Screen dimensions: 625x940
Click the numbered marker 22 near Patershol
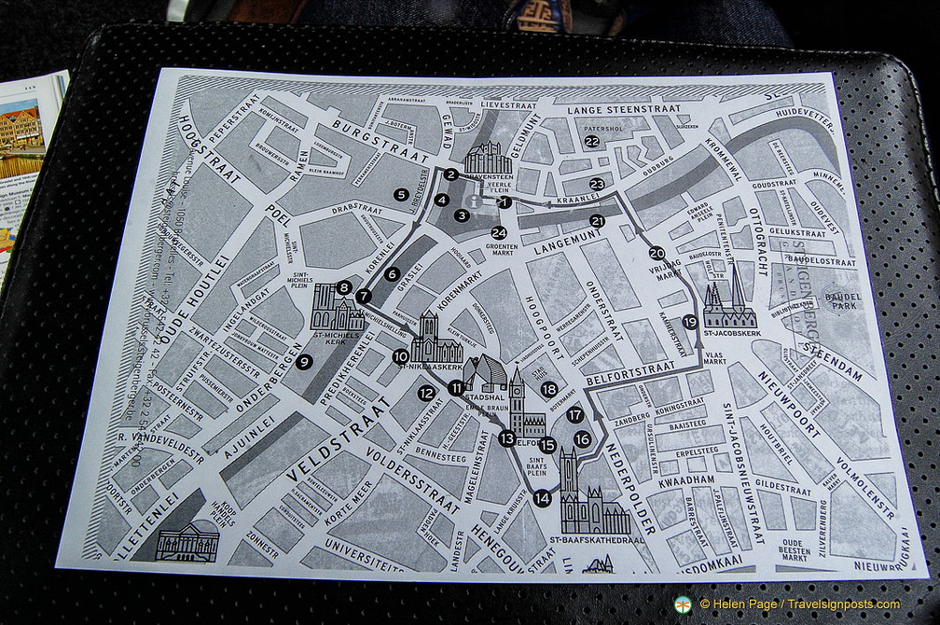[x=591, y=142]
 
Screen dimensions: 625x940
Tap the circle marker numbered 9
[x=304, y=363]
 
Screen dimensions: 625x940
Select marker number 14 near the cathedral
[x=543, y=498]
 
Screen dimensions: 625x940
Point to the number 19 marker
[x=690, y=322]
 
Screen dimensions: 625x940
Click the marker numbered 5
[x=401, y=195]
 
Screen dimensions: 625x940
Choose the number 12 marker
[x=426, y=394]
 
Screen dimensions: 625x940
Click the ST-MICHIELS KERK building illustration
[x=337, y=308]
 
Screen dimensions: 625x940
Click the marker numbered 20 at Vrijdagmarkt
[x=657, y=253]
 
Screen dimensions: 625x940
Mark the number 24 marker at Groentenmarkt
[x=499, y=232]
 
